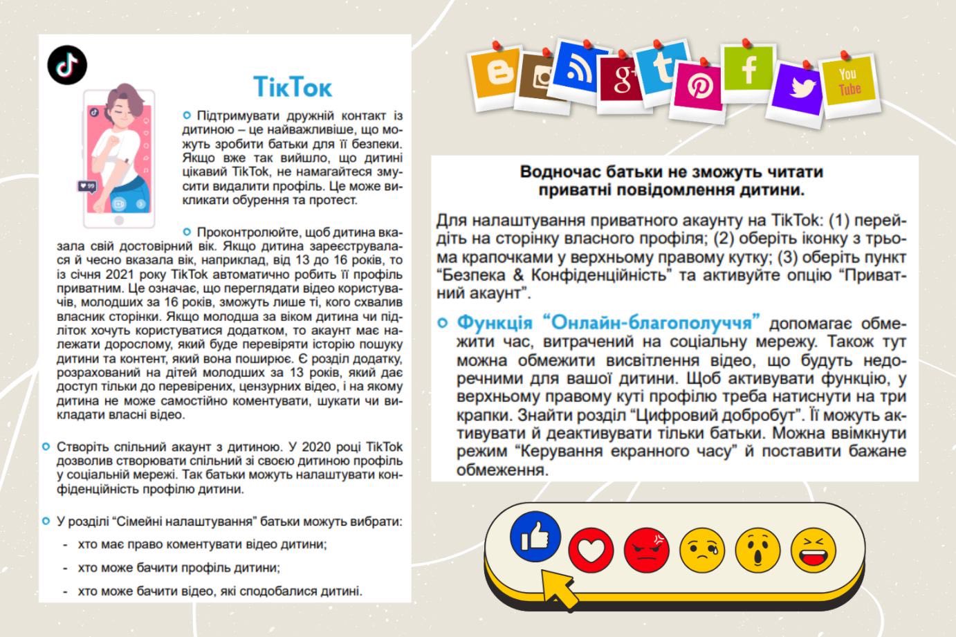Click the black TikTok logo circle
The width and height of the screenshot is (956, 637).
pyautogui.click(x=67, y=66)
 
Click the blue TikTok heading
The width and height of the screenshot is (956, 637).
pyautogui.click(x=293, y=87)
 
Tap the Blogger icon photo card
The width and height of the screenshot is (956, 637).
pyautogui.click(x=497, y=71)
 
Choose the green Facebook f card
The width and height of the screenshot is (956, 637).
pyautogui.click(x=747, y=69)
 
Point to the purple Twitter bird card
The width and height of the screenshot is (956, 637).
pyautogui.click(x=800, y=88)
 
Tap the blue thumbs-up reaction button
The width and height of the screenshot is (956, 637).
pyautogui.click(x=535, y=535)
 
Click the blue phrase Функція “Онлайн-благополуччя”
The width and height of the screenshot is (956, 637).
pyautogui.click(x=609, y=322)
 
